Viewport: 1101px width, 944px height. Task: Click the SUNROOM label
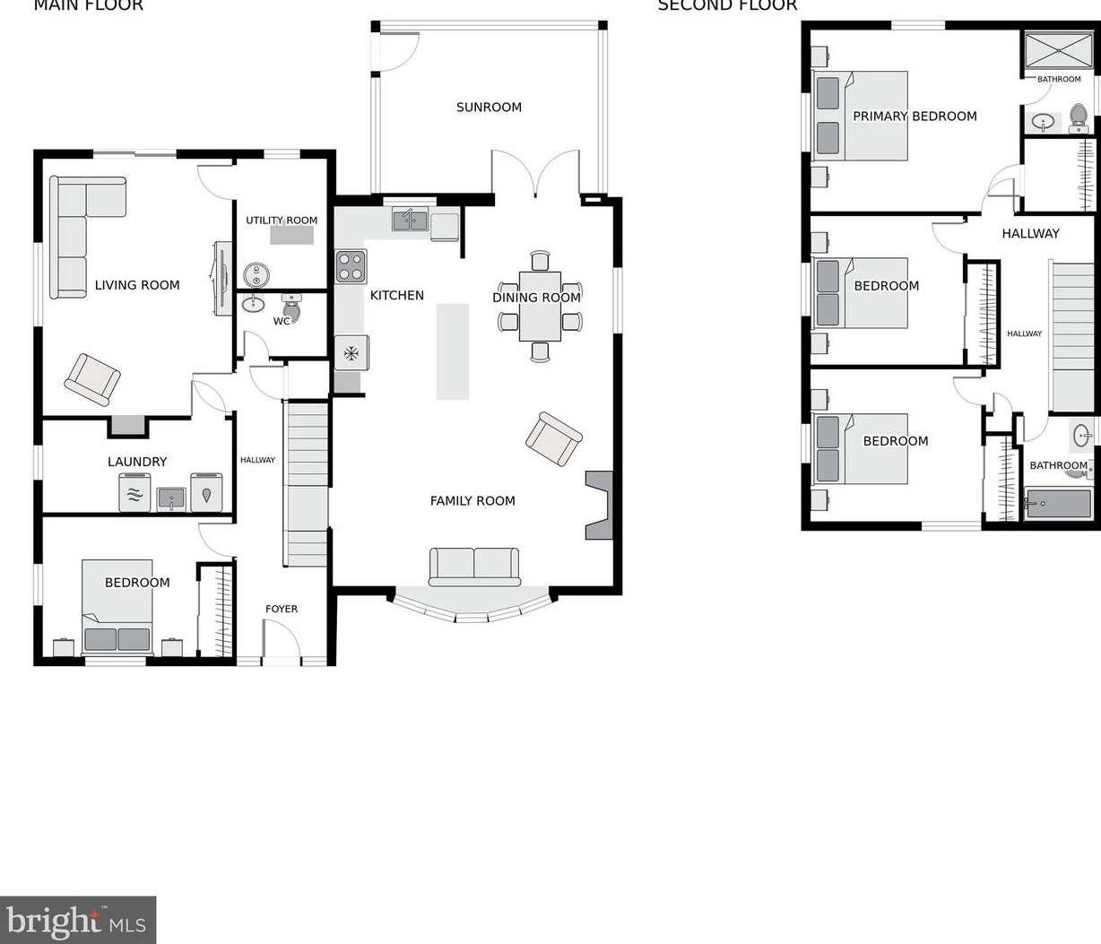coord(489,108)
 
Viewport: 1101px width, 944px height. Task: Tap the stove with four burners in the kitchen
coord(351,266)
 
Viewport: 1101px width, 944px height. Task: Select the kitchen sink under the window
coord(410,219)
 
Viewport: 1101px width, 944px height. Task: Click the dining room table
coord(539,307)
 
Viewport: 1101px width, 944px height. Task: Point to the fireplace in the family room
coord(599,506)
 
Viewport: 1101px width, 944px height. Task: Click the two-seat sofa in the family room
coord(474,566)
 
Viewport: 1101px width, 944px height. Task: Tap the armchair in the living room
coord(92,379)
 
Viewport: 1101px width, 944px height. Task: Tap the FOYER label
coord(282,609)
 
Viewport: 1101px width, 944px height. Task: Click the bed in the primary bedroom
coord(861,117)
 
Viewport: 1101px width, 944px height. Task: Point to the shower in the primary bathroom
coord(1058,51)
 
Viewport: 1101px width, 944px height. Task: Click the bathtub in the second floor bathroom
coord(1058,503)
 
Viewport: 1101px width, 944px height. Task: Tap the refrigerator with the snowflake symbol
coord(351,353)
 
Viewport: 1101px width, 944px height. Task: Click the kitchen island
coord(453,351)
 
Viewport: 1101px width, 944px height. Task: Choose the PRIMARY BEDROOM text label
coord(915,117)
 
